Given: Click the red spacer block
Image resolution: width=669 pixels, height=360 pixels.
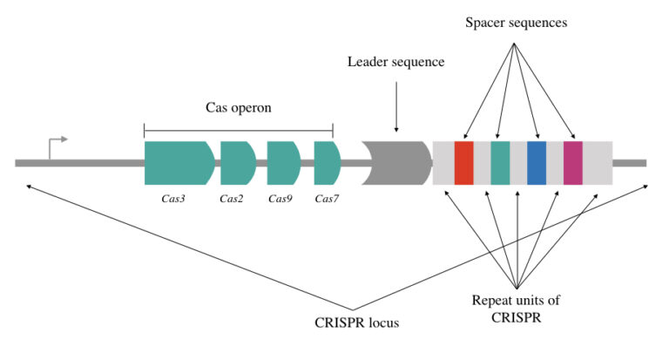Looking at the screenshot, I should pyautogui.click(x=463, y=162).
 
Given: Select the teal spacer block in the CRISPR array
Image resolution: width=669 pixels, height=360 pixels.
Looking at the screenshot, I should pyautogui.click(x=500, y=162).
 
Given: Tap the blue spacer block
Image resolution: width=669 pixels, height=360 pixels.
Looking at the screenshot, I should pyautogui.click(x=537, y=162).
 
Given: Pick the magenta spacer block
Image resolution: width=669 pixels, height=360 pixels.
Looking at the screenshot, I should pyautogui.click(x=572, y=162).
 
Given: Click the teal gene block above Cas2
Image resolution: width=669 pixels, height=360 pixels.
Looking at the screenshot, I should pyautogui.click(x=237, y=162).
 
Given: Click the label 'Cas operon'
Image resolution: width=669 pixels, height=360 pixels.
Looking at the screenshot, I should pyautogui.click(x=239, y=108).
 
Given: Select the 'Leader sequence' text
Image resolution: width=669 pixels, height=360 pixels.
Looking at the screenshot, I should pyautogui.click(x=396, y=62).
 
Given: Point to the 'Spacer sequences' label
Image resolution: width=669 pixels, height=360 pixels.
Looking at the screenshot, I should pyautogui.click(x=516, y=23).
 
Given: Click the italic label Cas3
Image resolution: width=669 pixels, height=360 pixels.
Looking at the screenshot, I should pyautogui.click(x=173, y=199).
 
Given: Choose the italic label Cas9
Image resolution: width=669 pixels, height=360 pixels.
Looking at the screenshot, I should pyautogui.click(x=280, y=199).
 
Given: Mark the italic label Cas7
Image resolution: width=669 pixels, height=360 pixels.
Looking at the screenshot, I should pyautogui.click(x=327, y=199).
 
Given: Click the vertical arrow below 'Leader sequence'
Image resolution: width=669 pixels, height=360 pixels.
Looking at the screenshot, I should pyautogui.click(x=396, y=105).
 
